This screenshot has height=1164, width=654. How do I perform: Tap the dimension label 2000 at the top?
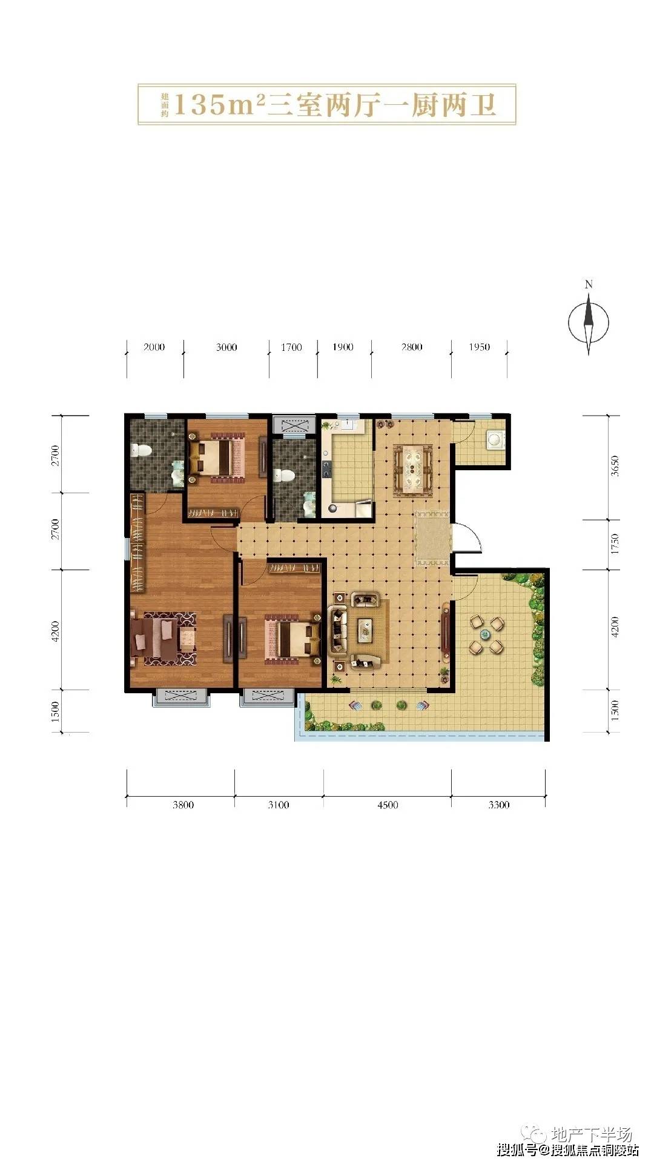pos(154,347)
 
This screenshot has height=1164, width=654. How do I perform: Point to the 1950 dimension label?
pos(479,347)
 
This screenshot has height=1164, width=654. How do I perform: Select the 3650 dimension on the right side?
pos(615,466)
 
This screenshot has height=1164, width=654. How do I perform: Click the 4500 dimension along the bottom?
pos(388,805)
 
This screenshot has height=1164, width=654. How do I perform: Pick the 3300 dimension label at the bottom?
pos(498,805)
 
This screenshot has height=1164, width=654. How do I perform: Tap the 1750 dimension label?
pos(615,544)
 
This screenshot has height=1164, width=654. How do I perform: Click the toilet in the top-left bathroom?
pos(141,450)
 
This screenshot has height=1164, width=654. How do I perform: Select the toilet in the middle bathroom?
pos(284,475)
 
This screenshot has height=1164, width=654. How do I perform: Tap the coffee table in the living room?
pos(365,630)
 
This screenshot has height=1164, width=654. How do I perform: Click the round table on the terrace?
pos(484,634)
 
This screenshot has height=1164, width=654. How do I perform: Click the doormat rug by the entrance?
pos(432,538)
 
